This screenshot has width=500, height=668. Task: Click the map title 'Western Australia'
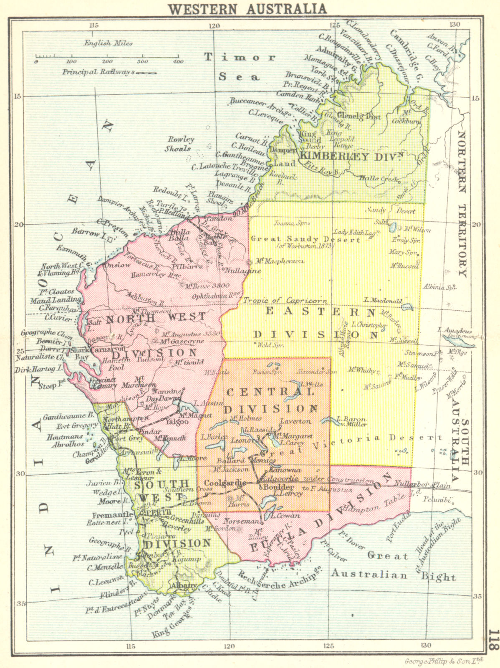(247, 8)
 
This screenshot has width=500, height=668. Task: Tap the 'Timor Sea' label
(240, 67)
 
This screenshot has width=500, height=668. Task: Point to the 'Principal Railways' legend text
(98, 72)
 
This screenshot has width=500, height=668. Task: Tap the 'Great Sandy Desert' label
(305, 239)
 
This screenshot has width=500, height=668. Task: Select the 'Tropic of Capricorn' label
(285, 300)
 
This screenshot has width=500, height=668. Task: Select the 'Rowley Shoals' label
(180, 144)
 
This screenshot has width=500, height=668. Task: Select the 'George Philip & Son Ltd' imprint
(444, 661)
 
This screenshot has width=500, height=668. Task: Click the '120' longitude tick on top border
(214, 25)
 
